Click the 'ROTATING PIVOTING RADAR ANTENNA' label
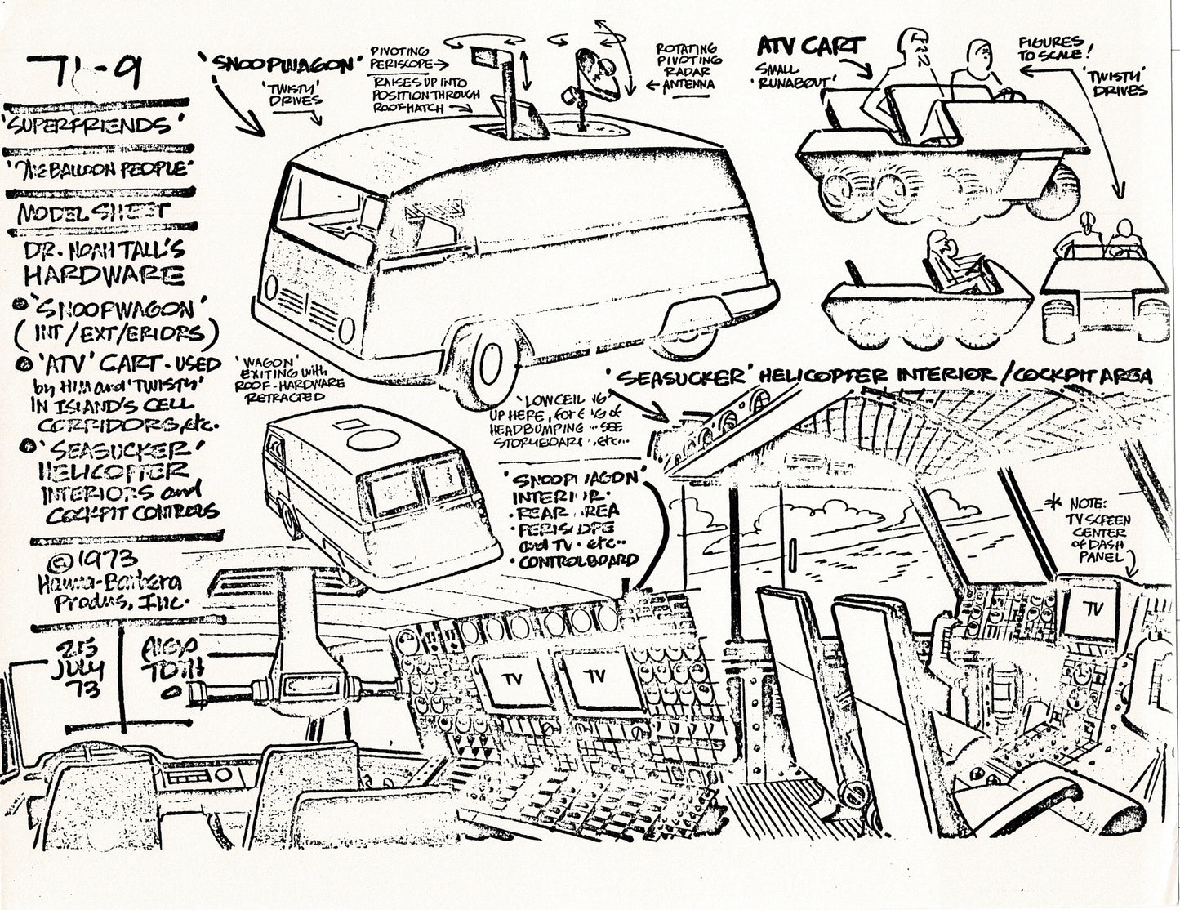[x=688, y=65]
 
